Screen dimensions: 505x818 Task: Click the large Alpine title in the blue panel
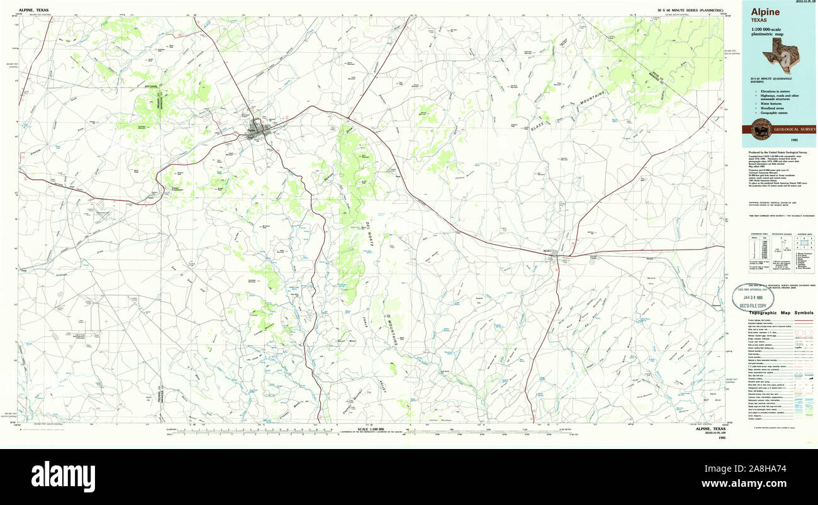tap(765, 12)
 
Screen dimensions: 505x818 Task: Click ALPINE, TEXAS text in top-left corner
tap(33, 11)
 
